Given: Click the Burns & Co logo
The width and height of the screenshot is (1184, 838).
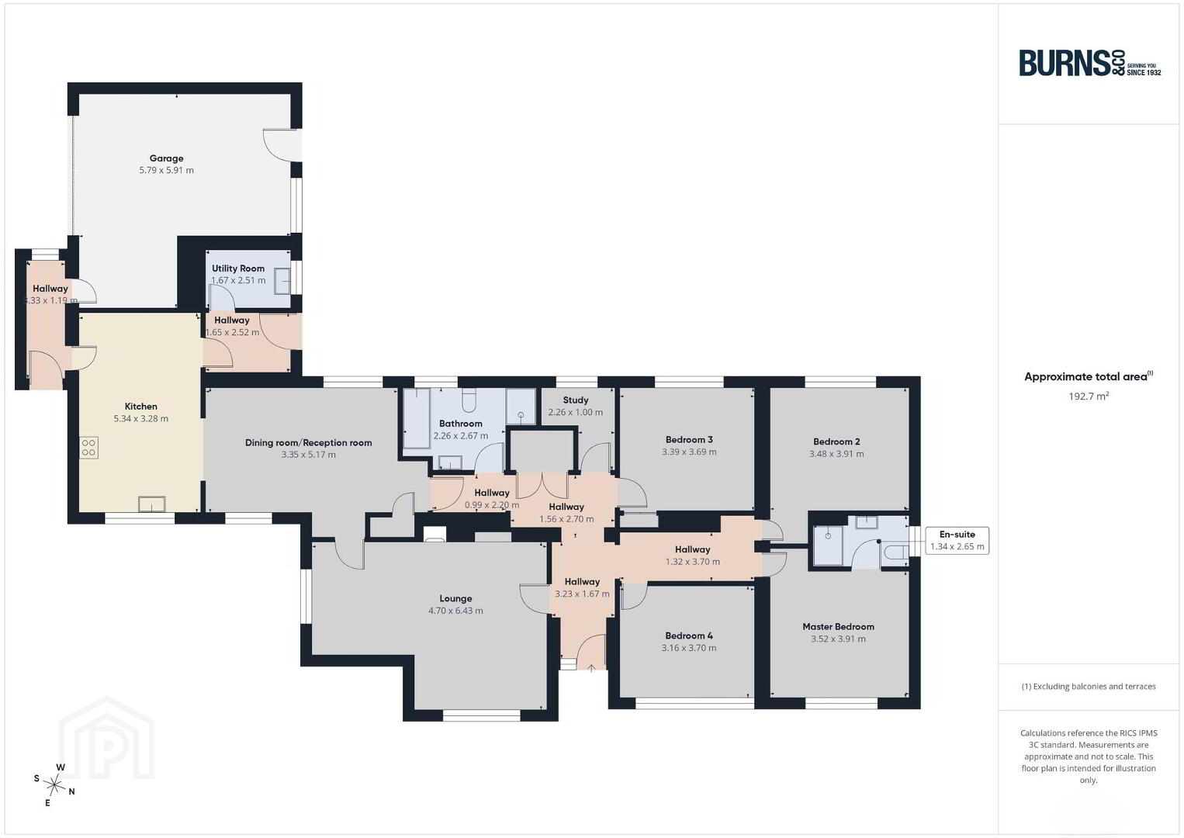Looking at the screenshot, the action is [1090, 64].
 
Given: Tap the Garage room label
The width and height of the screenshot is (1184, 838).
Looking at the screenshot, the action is [167, 158].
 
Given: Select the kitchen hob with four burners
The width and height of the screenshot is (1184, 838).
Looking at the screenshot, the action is [88, 447].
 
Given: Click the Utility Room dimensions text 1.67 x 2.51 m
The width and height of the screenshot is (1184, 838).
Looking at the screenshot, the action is [238, 280].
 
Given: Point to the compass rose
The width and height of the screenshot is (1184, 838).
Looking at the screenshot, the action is [54, 784].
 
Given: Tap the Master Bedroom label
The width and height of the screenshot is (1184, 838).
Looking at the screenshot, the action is [838, 626].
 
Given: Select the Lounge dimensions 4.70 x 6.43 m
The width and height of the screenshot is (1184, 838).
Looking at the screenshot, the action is [455, 611].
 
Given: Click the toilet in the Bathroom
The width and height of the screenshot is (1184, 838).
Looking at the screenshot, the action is [469, 400].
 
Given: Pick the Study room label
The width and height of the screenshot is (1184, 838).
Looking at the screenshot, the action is [576, 400].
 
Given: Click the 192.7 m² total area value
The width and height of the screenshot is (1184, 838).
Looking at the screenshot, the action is [1089, 396].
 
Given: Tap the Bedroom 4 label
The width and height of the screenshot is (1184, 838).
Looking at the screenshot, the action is [689, 635].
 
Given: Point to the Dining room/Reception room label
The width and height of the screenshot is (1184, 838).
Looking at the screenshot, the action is [309, 442].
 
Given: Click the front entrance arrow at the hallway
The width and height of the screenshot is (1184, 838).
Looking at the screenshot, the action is [591, 668].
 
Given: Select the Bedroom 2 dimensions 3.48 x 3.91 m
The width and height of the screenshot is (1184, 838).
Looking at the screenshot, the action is [836, 454].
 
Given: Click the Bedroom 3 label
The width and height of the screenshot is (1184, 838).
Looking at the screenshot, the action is [689, 439].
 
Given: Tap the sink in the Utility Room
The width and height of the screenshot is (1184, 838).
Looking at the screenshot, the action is [282, 280].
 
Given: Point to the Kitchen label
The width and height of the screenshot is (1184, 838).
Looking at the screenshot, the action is [141, 406].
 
